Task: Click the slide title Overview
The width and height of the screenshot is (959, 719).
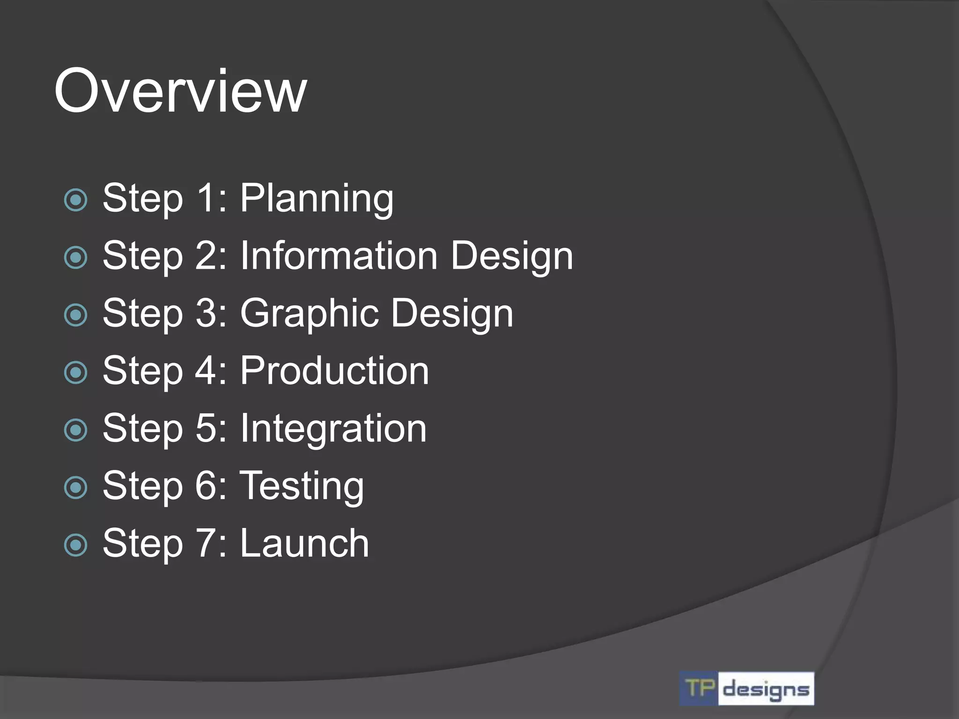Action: click(180, 91)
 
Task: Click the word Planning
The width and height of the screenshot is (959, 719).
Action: click(317, 199)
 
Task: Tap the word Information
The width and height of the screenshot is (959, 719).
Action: click(339, 256)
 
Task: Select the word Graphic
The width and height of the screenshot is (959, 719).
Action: click(309, 314)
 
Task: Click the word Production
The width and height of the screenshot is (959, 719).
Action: click(334, 371)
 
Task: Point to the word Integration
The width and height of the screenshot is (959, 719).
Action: click(333, 428)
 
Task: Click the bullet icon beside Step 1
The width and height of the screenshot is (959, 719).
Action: click(76, 200)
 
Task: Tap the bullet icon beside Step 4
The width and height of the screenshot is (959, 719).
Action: click(76, 373)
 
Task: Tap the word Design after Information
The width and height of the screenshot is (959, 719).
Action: click(511, 256)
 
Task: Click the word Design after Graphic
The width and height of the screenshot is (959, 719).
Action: click(452, 314)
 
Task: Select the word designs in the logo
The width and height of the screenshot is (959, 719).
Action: click(766, 690)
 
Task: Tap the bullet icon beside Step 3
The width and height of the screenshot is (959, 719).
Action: click(76, 315)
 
